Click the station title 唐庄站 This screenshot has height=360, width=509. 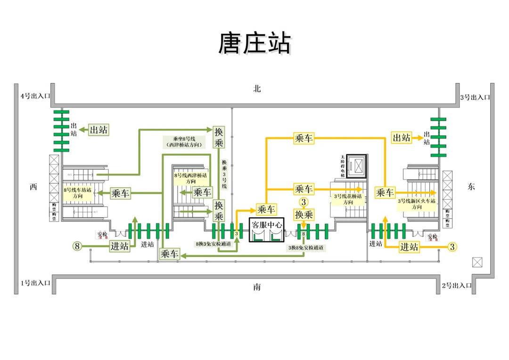coord(254,43)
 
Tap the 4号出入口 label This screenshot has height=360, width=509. coord(35,96)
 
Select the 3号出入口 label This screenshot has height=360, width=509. coord(475,98)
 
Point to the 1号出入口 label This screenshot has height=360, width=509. coord(35,283)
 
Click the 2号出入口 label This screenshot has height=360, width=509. coord(457,285)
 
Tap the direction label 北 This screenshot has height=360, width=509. coord(256,89)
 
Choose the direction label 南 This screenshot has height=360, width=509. coord(256,287)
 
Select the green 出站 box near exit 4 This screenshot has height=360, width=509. coord(99,130)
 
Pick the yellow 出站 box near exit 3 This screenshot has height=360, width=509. coord(402,138)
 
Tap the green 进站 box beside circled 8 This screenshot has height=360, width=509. coord(120,246)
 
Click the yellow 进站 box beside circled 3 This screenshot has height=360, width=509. coord(409,246)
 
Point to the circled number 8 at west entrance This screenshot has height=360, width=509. coord(78,245)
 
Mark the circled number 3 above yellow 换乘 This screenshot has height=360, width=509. coord(304,202)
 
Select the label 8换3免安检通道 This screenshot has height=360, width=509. coord(213,244)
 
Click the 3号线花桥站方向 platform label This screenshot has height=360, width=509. coord(348,198)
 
